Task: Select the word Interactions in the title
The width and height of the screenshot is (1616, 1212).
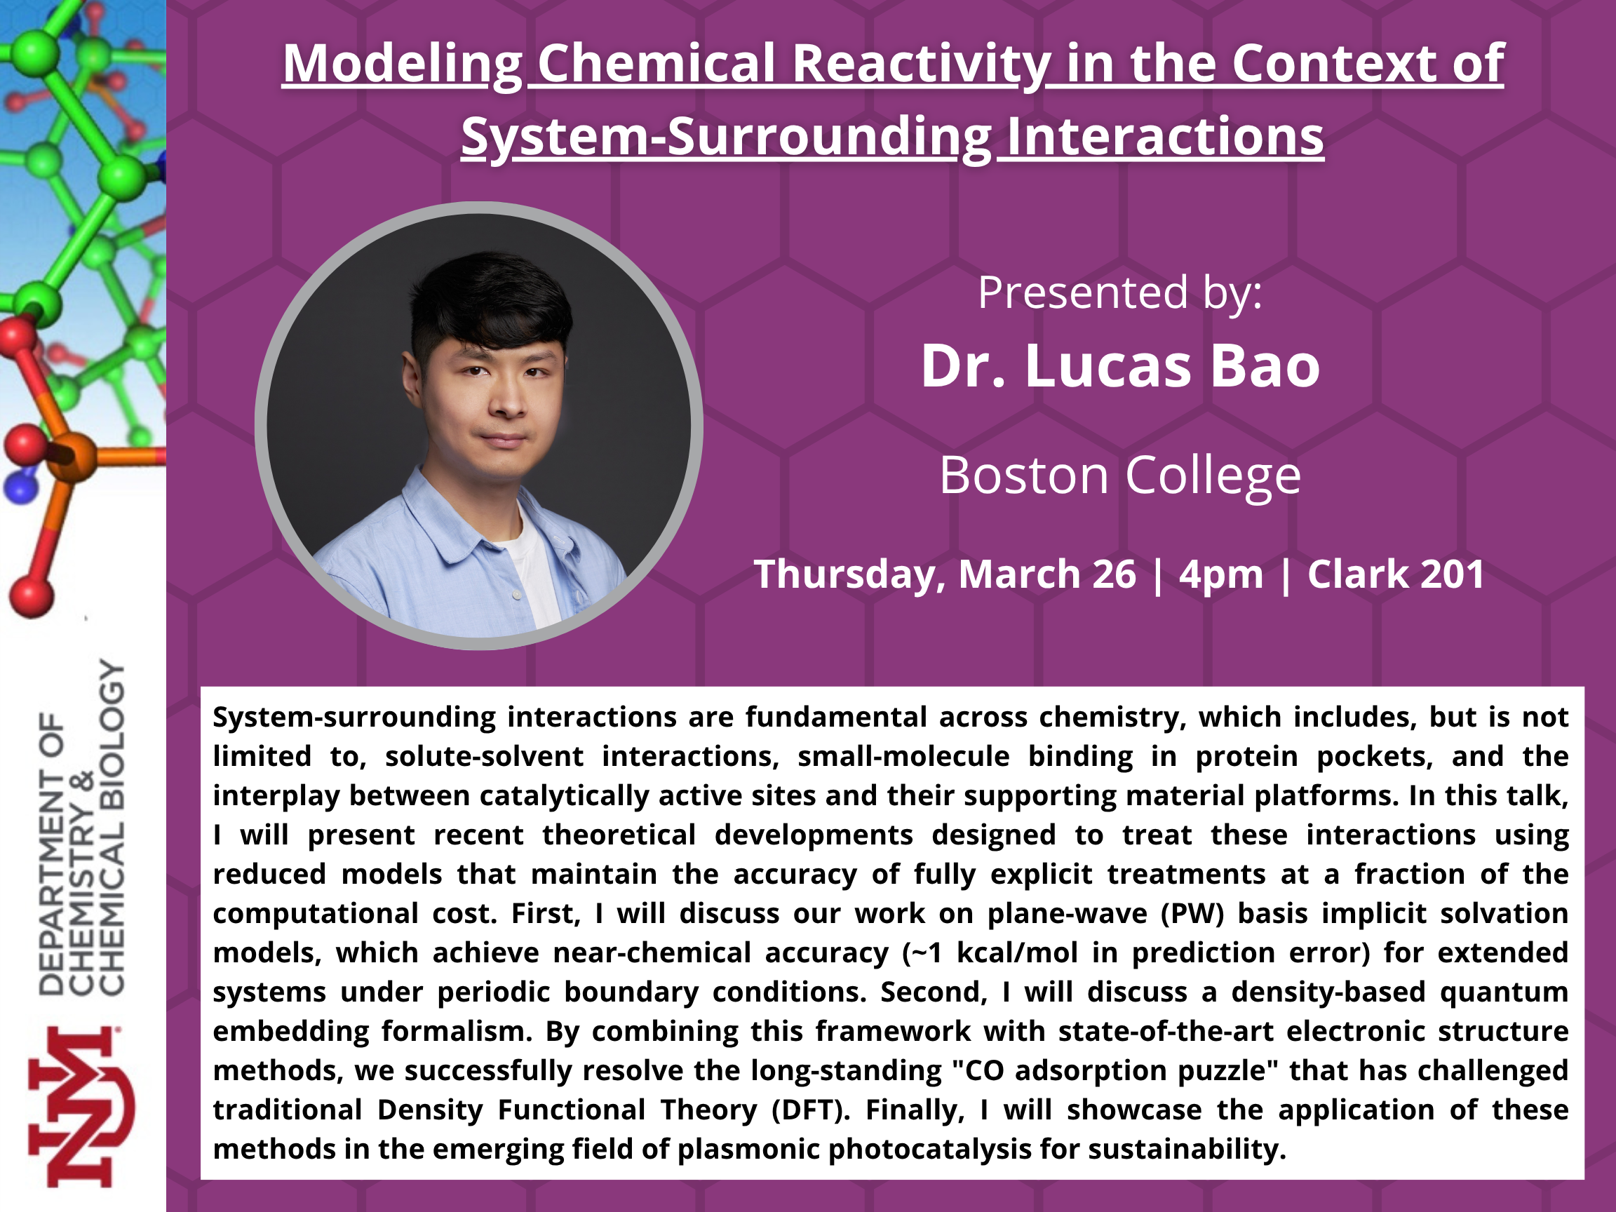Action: [x=1164, y=139]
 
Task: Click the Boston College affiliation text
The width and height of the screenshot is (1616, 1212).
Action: [x=1120, y=476]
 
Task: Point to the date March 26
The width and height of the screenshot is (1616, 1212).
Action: [x=1047, y=574]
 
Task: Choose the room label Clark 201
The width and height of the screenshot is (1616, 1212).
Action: [x=1395, y=574]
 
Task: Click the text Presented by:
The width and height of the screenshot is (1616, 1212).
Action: [x=1120, y=294]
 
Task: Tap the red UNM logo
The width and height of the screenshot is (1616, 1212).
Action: [x=81, y=1107]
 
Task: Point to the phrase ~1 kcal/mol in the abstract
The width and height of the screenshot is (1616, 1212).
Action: [x=990, y=953]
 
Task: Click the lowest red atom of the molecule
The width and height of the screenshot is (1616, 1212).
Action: [x=31, y=596]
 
